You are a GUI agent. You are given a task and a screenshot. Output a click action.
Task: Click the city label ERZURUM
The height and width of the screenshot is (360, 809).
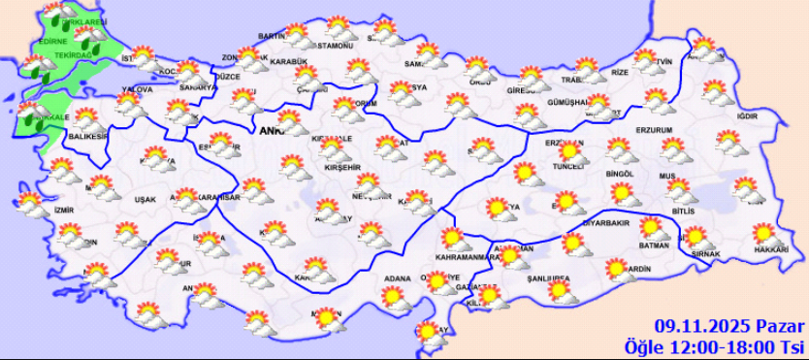[655, 130]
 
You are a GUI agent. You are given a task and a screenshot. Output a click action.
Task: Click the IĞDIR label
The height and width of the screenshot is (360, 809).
[746, 116]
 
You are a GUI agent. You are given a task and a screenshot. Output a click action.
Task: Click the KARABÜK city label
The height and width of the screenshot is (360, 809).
[288, 61]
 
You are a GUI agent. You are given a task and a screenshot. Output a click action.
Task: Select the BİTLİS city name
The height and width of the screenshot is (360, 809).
[683, 212]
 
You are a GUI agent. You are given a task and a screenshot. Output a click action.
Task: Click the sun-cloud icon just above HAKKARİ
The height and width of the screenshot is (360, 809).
[764, 234]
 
